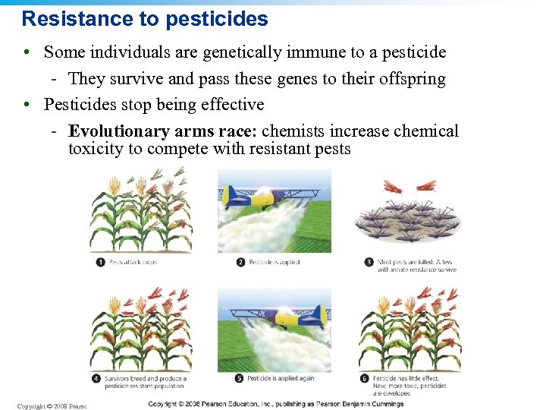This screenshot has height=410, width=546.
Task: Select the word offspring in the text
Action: [409, 78]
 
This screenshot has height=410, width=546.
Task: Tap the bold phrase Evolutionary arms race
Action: [162, 131]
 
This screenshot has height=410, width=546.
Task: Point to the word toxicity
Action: [96, 148]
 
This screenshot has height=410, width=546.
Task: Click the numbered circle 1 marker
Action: [100, 262]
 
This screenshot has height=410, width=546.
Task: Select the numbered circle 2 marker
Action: [240, 262]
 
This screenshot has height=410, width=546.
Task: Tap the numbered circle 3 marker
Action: [369, 262]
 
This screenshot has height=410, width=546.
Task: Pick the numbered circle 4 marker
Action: [96, 378]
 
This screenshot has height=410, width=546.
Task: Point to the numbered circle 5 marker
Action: [240, 378]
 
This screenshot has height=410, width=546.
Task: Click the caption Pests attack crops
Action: [133, 262]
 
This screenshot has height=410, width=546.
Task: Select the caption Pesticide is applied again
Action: [281, 378]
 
